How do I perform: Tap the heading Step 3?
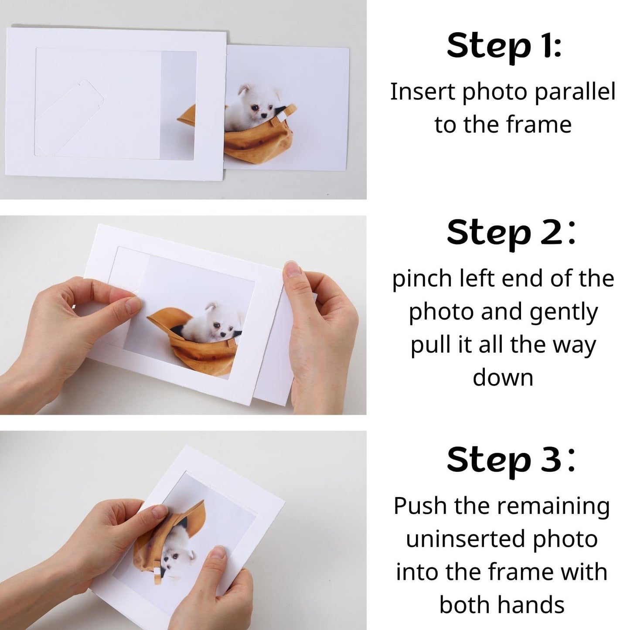point(510,460)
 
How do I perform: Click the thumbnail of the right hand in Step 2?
point(293,268)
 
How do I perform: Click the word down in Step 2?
point(503,377)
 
